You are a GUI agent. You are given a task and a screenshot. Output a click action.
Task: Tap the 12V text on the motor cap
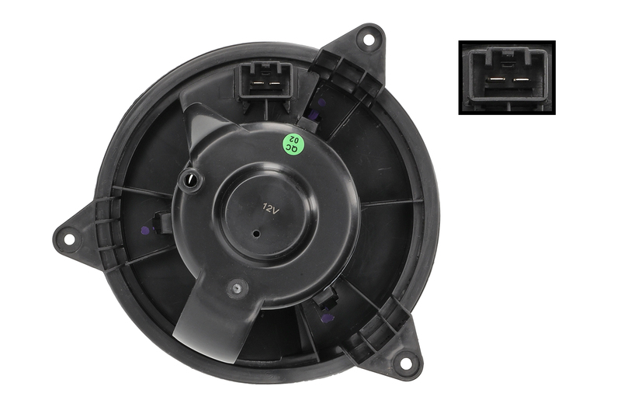271,208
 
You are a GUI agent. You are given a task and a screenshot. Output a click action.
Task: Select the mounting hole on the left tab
69,239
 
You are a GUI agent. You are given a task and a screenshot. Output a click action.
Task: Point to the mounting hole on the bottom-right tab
405,364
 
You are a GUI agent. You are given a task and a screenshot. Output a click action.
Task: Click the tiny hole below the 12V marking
257,234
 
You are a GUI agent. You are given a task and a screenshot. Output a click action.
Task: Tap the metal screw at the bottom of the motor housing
238,288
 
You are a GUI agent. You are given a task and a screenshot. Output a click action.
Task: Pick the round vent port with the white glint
191,180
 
